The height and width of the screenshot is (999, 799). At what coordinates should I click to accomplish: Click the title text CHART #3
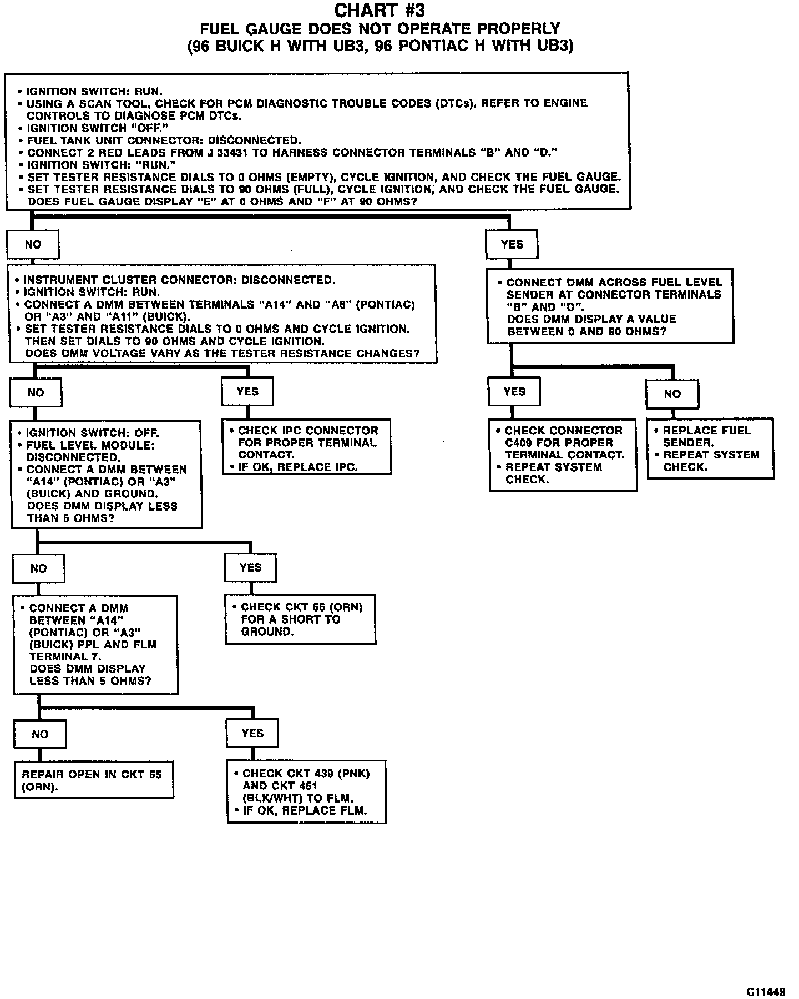pyautogui.click(x=380, y=11)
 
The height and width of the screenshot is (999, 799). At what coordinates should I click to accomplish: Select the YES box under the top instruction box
pyautogui.click(x=511, y=244)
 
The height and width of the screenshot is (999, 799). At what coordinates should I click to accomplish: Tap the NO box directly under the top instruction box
pyautogui.click(x=33, y=244)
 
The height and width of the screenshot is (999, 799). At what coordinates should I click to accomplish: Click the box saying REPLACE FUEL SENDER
pyautogui.click(x=710, y=448)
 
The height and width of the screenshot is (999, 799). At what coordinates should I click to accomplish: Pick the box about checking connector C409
pyautogui.click(x=563, y=455)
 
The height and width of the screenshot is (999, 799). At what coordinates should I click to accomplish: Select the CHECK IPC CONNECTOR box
pyautogui.click(x=307, y=447)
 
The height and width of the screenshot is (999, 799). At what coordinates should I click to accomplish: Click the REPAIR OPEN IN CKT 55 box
pyautogui.click(x=93, y=780)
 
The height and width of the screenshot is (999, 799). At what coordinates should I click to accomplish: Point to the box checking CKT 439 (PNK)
pyautogui.click(x=306, y=791)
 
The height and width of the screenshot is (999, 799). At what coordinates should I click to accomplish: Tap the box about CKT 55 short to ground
pyautogui.click(x=300, y=619)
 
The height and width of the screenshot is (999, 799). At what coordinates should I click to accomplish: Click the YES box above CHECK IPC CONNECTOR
pyautogui.click(x=247, y=392)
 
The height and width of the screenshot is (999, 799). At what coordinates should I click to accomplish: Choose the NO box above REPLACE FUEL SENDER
pyautogui.click(x=672, y=394)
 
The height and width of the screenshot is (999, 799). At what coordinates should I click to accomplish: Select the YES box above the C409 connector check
pyautogui.click(x=514, y=392)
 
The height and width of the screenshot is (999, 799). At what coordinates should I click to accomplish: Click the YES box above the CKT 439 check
pyautogui.click(x=252, y=733)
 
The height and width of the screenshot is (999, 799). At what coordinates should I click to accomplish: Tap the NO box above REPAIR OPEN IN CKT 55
pyautogui.click(x=40, y=734)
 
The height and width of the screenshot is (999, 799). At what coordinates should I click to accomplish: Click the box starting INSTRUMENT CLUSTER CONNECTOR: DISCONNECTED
pyautogui.click(x=222, y=315)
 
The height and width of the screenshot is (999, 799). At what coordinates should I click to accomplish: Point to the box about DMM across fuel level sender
pyautogui.click(x=610, y=306)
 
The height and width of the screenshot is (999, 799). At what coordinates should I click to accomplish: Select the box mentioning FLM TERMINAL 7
pyautogui.click(x=95, y=645)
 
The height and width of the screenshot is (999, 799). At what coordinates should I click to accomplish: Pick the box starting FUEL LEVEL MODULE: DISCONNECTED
pyautogui.click(x=106, y=475)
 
